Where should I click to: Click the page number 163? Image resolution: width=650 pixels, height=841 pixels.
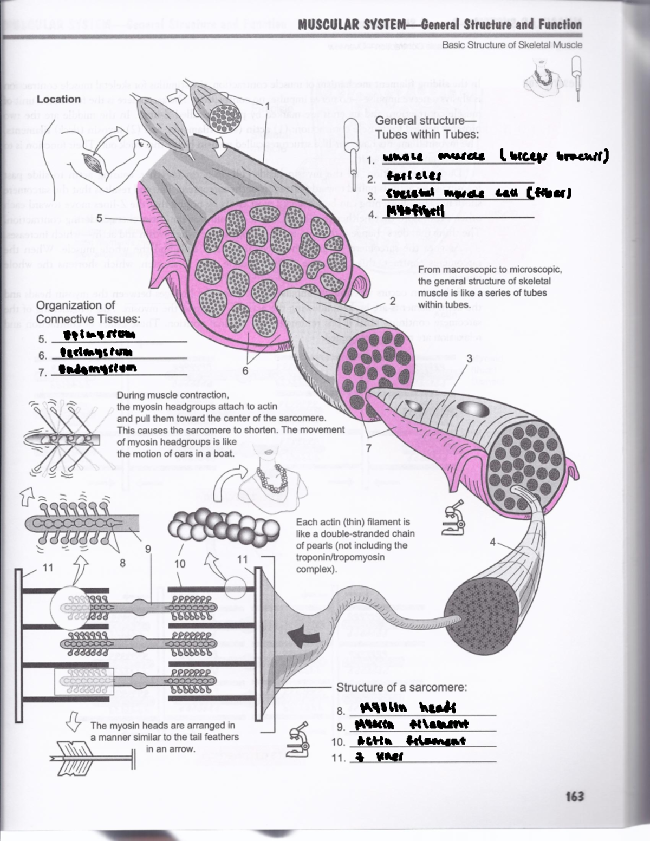click(574, 796)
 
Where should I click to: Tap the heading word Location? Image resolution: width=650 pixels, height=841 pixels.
click(58, 99)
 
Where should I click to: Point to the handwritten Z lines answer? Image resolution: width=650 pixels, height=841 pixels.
click(379, 757)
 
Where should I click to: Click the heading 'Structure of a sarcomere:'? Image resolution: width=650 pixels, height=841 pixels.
click(401, 687)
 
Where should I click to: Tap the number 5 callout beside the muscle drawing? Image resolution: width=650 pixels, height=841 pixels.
click(99, 218)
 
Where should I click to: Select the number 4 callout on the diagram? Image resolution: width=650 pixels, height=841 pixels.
click(492, 542)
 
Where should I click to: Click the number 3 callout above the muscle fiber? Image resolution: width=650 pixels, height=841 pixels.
click(469, 358)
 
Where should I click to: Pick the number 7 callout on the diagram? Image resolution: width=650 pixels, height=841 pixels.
click(369, 448)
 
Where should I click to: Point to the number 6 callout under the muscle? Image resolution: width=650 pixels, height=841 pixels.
click(245, 371)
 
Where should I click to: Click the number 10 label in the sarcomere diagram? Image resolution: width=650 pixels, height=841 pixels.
click(180, 564)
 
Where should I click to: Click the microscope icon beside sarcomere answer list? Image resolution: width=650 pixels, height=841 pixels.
click(298, 739)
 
